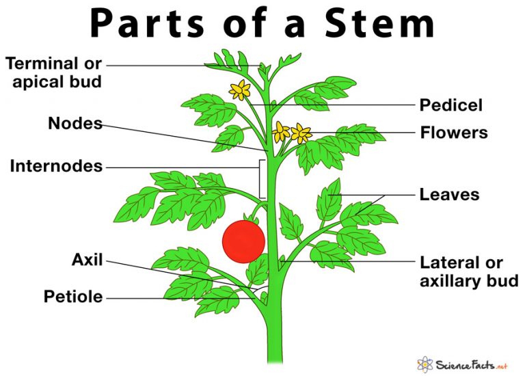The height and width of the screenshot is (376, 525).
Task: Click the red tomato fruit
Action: point(244,241)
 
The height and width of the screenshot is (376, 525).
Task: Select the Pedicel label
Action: point(451,105)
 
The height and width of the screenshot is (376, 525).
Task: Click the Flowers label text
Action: point(454,132)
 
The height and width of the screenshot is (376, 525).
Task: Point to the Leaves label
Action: point(449,195)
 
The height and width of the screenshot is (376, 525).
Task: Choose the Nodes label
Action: point(75,123)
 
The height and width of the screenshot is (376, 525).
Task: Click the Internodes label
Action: point(56,166)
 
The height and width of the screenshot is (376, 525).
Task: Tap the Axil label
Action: point(87,260)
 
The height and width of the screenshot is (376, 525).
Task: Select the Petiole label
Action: point(73,297)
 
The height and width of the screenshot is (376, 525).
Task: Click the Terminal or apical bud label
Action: point(53,72)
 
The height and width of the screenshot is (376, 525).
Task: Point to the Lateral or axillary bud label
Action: point(469,272)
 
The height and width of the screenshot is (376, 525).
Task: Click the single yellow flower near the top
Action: point(240,90)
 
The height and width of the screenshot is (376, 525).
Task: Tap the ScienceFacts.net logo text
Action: point(472,364)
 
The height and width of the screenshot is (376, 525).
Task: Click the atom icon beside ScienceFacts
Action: point(425,364)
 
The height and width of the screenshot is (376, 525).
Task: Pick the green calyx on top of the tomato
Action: point(251,219)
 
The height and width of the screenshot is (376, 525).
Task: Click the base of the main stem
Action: point(275,360)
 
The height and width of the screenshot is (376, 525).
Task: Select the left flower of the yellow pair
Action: point(280,132)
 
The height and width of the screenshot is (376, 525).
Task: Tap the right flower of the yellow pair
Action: point(301,133)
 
